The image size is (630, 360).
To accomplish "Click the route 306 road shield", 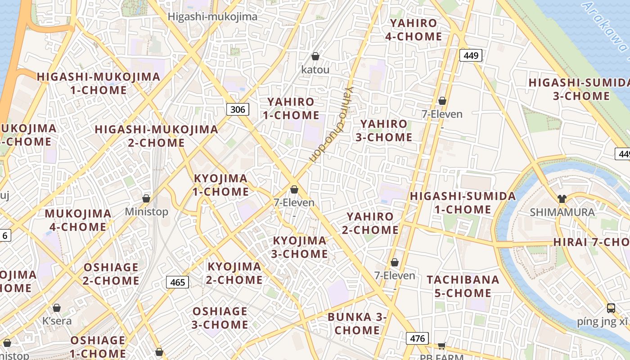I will pos(238,109).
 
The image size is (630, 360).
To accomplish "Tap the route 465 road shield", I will pos(178,282).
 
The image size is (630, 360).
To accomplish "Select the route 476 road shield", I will pos(417,338).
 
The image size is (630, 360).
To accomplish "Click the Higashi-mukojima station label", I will pos(212,17).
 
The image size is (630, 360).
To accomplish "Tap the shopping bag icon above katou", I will pos(315,56).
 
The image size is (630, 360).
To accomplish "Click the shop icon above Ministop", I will pos(146,198).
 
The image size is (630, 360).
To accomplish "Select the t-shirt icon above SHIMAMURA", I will pos(562,198).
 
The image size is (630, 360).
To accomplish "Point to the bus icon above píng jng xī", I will pos(611,308).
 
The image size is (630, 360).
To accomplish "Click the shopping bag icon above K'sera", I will pos(57,308).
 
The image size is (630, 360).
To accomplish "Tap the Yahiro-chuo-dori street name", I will pos(330,125).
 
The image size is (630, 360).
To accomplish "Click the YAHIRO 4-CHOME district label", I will pos(414,30).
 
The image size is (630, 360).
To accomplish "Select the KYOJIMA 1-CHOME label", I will pos(220,185).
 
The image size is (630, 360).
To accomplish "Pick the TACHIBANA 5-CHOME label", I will pos(463,286).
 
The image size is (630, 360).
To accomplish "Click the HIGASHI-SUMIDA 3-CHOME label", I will pos(579,89).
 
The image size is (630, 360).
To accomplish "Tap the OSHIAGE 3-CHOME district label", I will pos(220,318).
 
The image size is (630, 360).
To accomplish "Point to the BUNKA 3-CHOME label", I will pos(357,323).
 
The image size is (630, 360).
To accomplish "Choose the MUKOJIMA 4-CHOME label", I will pos(78,220).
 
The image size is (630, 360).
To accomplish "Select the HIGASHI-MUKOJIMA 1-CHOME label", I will pos(99,83).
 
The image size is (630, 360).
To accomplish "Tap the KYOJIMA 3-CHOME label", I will pos(300,247).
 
